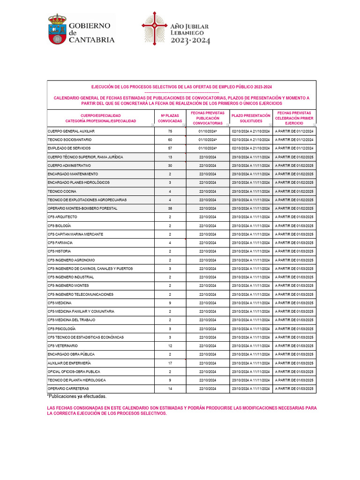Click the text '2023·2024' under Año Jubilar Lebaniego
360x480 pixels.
click(x=190, y=41)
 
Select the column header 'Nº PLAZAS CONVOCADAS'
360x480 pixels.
click(x=170, y=118)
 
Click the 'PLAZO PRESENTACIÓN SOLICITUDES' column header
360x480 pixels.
click(x=251, y=118)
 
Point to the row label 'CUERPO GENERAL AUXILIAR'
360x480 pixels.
click(x=71, y=131)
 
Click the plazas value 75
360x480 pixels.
click(x=170, y=131)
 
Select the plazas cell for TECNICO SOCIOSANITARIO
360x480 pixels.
click(x=170, y=140)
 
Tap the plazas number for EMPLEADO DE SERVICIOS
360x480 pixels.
click(x=170, y=148)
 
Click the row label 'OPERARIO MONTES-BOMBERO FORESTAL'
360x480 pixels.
click(x=82, y=208)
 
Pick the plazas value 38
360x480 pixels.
click(x=170, y=208)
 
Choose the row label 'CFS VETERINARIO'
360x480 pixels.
click(x=63, y=345)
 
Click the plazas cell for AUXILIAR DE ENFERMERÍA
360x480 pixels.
click(x=170, y=363)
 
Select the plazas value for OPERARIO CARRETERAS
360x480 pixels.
click(x=170, y=389)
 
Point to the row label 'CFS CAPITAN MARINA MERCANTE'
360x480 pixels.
click(x=76, y=234)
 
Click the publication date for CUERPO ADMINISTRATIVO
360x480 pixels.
click(x=207, y=165)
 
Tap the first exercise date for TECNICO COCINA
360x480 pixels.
click(x=294, y=191)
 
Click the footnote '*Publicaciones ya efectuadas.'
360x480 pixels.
click(x=77, y=397)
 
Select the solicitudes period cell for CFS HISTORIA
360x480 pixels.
click(x=251, y=251)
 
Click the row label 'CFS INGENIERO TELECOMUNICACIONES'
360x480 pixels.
click(x=81, y=294)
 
